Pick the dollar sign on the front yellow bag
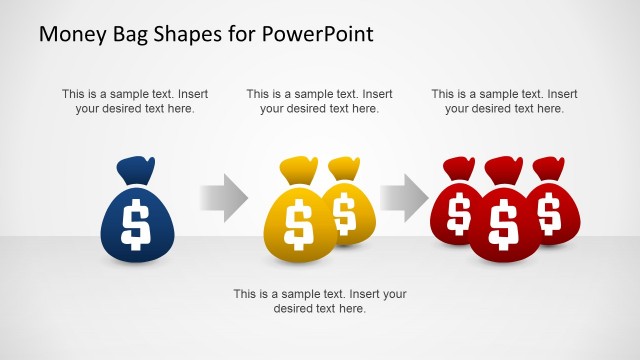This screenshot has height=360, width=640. tap(297, 225)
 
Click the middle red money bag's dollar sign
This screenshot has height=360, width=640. tap(504, 224)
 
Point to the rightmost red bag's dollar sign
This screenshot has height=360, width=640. tap(548, 212)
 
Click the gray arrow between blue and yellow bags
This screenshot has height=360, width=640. tap(223, 197)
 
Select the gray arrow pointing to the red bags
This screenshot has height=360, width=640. tap(402, 197)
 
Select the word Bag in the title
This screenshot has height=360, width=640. tap(134, 34)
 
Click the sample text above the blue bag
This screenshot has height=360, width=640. tap(135, 101)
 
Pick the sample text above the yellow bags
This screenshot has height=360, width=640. tap(320, 101)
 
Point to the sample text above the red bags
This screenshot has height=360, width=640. tap(505, 101)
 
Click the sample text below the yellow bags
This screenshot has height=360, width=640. tap(320, 301)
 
